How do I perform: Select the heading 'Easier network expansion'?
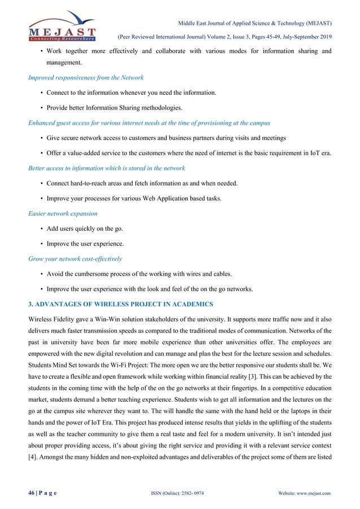(x=63, y=214)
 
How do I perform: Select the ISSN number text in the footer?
(x=172, y=494)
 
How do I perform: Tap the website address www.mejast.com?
(x=311, y=494)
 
